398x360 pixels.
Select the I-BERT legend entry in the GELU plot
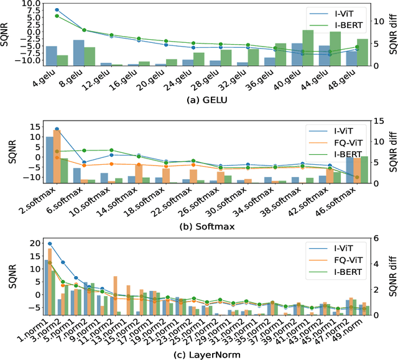[x=348, y=25]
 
